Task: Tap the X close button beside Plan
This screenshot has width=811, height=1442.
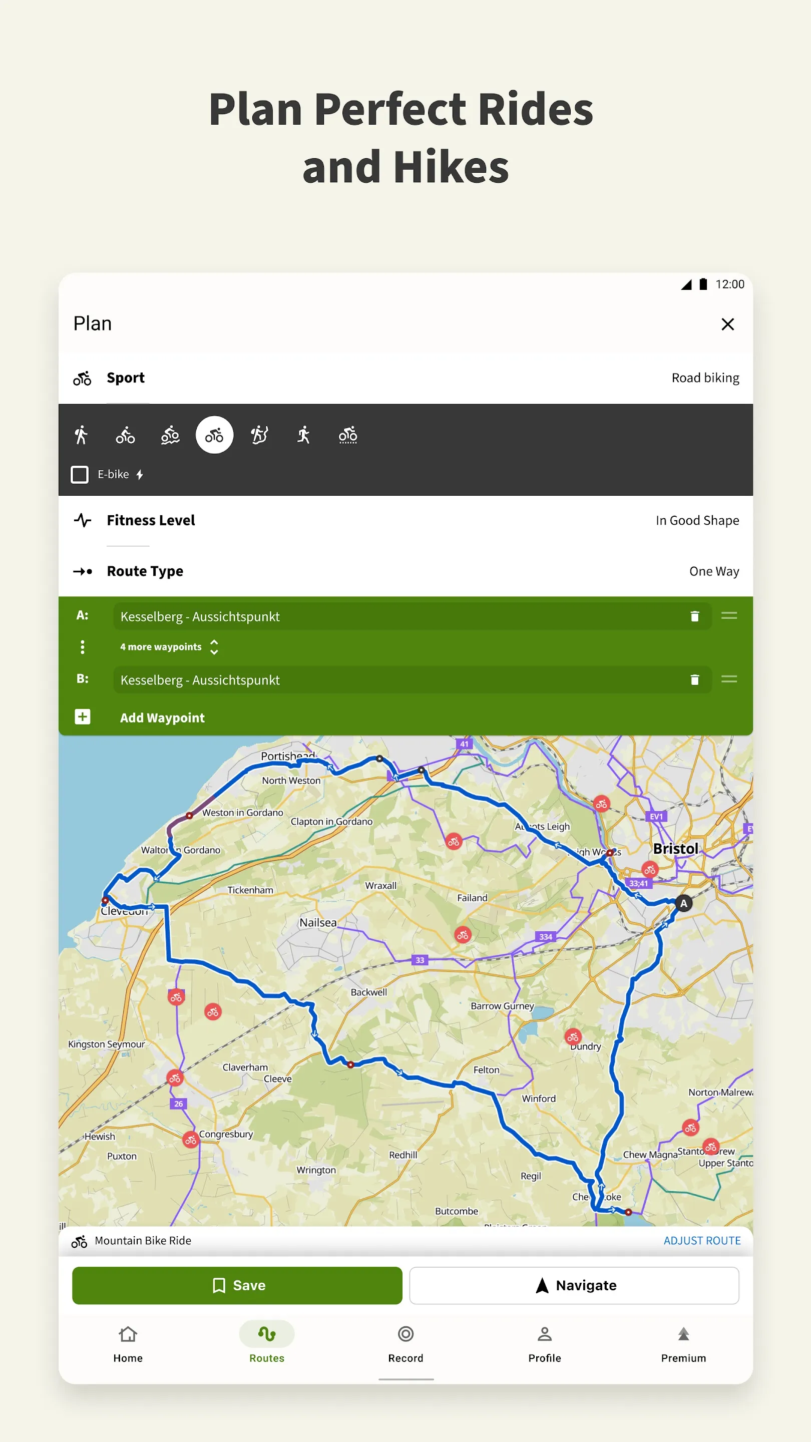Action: pyautogui.click(x=727, y=324)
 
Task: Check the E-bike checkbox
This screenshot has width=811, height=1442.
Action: pyautogui.click(x=80, y=475)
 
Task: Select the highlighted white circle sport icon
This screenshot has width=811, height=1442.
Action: pyautogui.click(x=214, y=435)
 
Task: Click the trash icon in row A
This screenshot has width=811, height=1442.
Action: pyautogui.click(x=694, y=616)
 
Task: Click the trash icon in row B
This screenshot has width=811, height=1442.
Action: pyautogui.click(x=694, y=679)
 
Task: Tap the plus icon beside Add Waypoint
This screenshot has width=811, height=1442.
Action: pyautogui.click(x=83, y=717)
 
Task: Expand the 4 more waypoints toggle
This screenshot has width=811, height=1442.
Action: pyautogui.click(x=214, y=647)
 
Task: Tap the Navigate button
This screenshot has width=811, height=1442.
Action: pyautogui.click(x=574, y=1286)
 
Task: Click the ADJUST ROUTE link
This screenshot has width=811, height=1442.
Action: pyautogui.click(x=702, y=1241)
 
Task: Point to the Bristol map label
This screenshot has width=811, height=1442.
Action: pyautogui.click(x=675, y=849)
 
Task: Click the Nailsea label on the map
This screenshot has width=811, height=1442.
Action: pyautogui.click(x=318, y=922)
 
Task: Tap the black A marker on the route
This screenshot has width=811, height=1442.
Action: pyautogui.click(x=683, y=903)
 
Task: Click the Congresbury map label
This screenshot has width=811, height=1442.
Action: pyautogui.click(x=226, y=1135)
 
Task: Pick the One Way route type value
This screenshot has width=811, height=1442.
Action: pyautogui.click(x=713, y=571)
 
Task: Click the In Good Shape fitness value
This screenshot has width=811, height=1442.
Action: pyautogui.click(x=697, y=521)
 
